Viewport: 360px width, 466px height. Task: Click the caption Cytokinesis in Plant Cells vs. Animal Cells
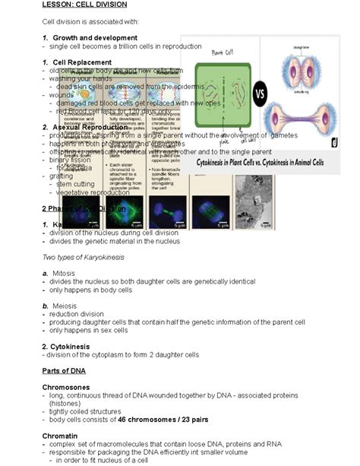click(260, 162)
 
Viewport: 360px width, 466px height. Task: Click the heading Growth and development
click(94, 37)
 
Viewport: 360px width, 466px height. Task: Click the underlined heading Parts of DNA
click(64, 370)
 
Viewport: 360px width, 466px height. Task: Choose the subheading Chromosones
click(68, 387)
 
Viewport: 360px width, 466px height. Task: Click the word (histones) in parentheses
click(67, 404)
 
